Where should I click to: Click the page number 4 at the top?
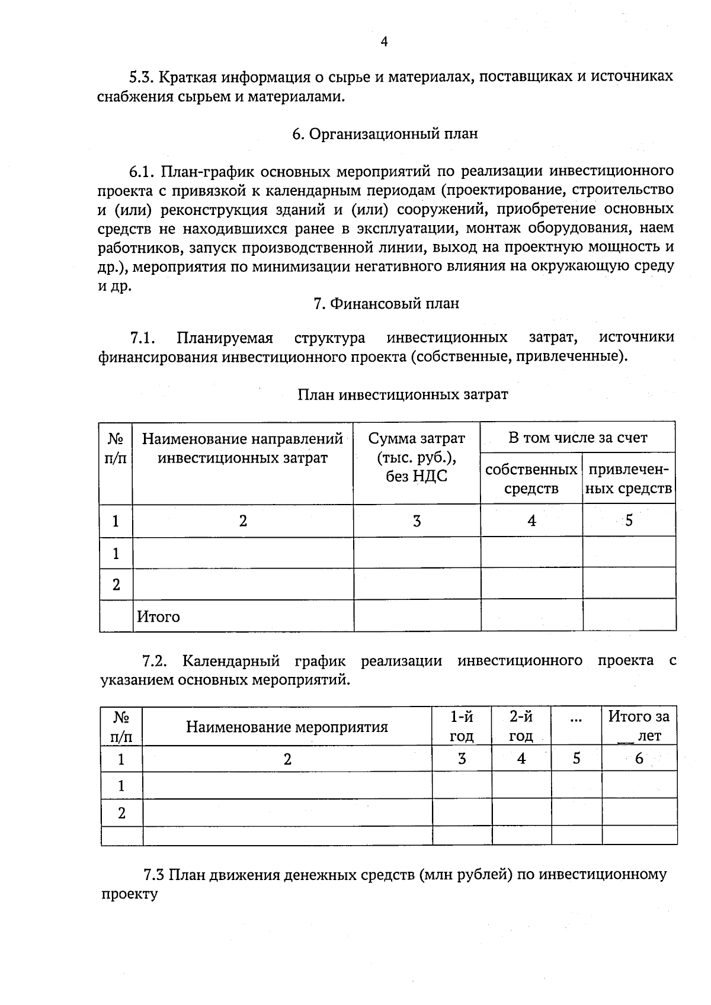tap(384, 41)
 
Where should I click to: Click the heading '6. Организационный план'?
tap(385, 134)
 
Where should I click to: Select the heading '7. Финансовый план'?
tap(386, 304)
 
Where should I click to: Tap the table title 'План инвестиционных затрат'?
tap(402, 394)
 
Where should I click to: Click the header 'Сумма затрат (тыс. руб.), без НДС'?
tap(417, 457)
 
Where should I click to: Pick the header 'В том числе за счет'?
tap(578, 438)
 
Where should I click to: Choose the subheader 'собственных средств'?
tap(531, 479)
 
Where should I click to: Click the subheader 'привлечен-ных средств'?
tap(629, 479)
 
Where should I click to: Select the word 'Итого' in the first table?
tap(158, 617)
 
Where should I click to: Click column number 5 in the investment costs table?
tap(629, 521)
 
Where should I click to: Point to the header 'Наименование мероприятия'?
tap(287, 727)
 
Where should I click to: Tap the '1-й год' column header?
tap(462, 726)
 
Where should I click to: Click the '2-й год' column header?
tap(521, 726)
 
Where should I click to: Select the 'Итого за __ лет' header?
tap(639, 726)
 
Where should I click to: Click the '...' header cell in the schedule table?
tap(576, 719)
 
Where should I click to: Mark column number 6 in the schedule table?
tap(639, 759)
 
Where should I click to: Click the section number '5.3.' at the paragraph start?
tap(142, 77)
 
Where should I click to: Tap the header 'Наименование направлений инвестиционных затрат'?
tap(242, 448)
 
